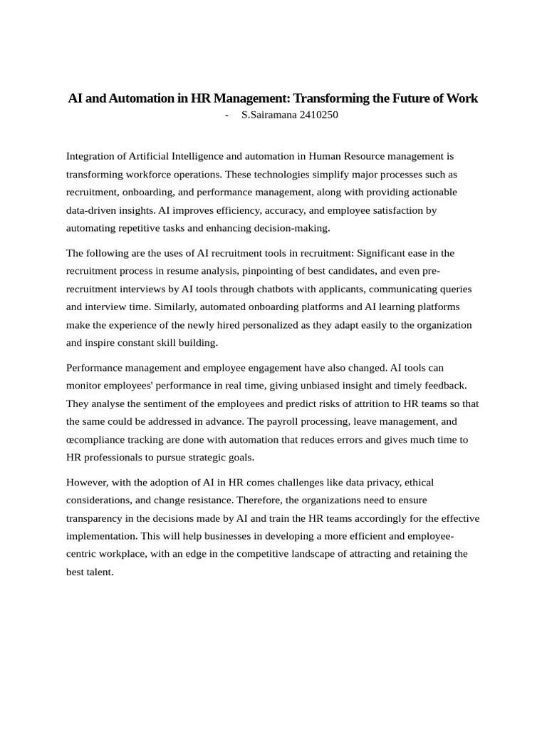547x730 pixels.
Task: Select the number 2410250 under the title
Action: tap(315, 115)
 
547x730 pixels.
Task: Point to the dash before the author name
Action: tap(226, 115)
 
